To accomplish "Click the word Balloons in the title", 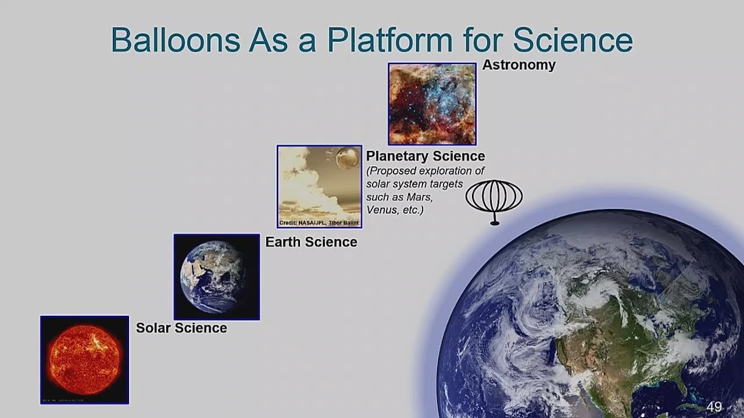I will [175, 40].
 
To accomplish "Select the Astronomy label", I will [518, 65].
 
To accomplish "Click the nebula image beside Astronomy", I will [432, 104].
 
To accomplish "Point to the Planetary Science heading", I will [425, 156].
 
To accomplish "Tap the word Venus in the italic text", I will [382, 210].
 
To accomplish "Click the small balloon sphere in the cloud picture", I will [347, 158].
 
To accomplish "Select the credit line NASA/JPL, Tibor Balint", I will [319, 223].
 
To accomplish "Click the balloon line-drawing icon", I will [494, 197].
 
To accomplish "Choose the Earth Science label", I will [311, 242].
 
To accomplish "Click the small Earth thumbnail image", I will [216, 277].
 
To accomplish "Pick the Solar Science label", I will [181, 328].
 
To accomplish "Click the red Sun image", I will [84, 359].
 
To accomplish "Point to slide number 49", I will [714, 407].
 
